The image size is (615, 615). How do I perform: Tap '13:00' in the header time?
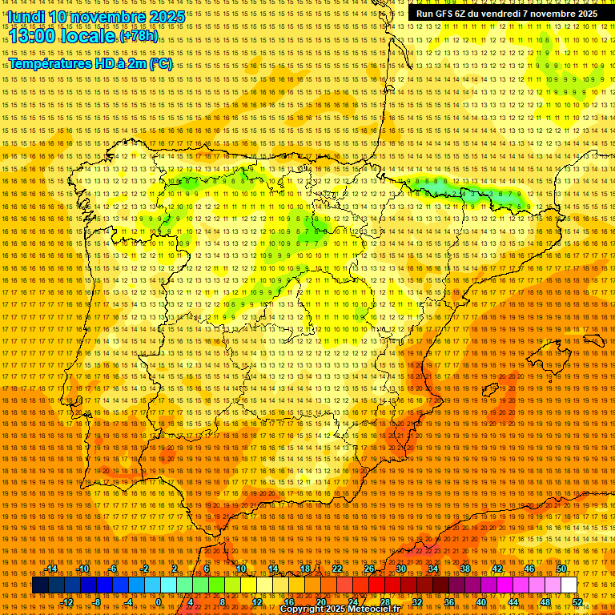pyautogui.click(x=33, y=36)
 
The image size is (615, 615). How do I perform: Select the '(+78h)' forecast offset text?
pyautogui.click(x=139, y=37)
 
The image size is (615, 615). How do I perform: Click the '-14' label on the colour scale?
pyautogui.click(x=51, y=569)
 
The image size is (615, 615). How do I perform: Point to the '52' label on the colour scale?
pyautogui.click(x=577, y=601)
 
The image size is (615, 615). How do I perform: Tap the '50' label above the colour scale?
pyautogui.click(x=561, y=569)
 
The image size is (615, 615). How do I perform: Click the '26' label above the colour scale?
pyautogui.click(x=369, y=569)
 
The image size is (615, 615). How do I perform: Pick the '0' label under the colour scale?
pyautogui.click(x=159, y=601)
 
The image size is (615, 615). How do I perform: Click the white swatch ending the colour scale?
pyautogui.click(x=569, y=585)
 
